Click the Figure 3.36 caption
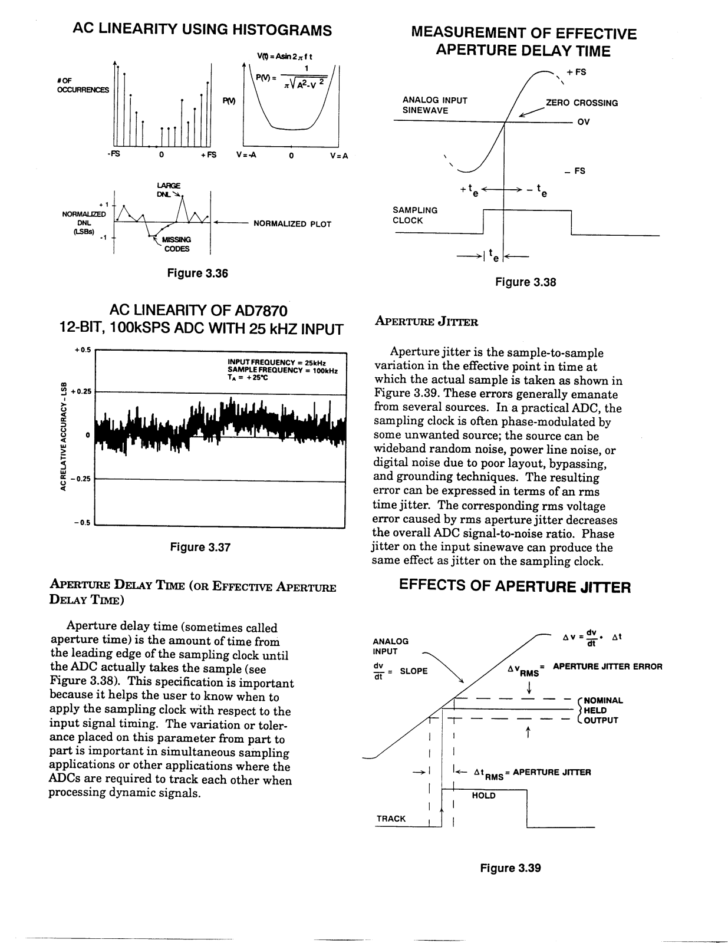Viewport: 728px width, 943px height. [x=197, y=273]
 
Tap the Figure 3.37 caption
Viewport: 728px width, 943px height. [x=200, y=548]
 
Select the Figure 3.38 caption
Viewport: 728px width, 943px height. [x=525, y=282]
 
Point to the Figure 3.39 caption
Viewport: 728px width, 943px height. [x=510, y=868]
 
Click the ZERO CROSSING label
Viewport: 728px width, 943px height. [x=582, y=103]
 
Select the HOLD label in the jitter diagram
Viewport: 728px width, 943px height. [x=483, y=796]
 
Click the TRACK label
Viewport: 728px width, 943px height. [x=391, y=819]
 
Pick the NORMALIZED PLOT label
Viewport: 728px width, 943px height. [x=292, y=224]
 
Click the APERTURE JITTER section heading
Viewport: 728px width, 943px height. [x=426, y=322]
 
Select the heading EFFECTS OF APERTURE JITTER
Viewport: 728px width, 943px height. [x=515, y=587]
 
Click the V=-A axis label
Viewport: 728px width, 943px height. [x=247, y=156]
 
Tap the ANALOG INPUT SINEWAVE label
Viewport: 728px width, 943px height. [x=434, y=105]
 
